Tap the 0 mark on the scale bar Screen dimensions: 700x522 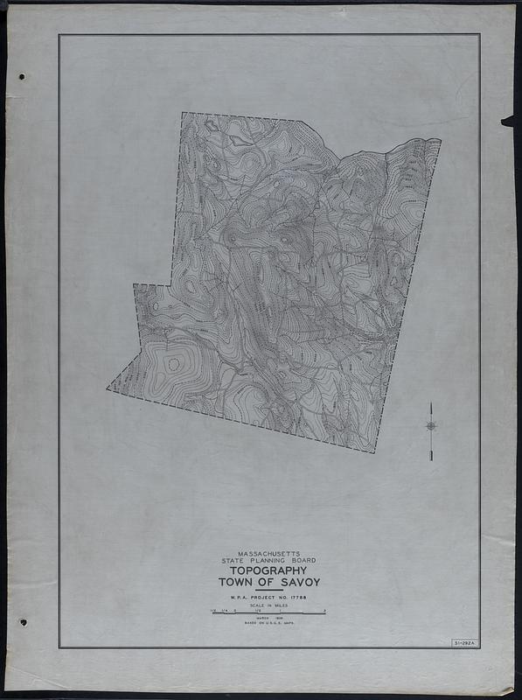(234, 610)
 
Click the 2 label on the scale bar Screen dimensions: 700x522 (324, 610)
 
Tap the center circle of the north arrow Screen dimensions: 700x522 (431, 426)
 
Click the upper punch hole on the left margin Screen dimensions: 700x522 (21, 76)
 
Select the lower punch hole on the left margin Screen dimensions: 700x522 (23, 622)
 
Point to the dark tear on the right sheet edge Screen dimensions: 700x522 (507, 121)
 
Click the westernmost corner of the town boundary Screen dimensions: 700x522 (108, 388)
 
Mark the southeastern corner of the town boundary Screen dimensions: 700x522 (374, 451)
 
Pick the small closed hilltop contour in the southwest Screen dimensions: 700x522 (173, 363)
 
